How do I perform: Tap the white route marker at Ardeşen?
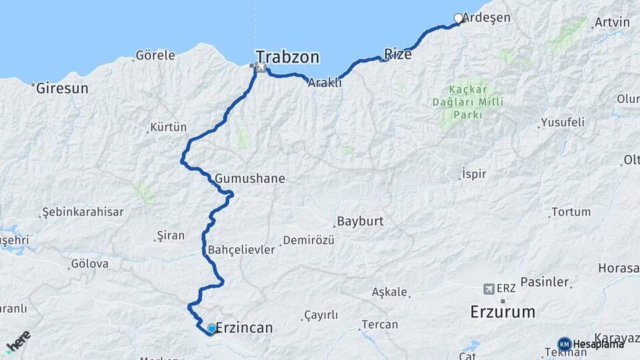coord(458,18)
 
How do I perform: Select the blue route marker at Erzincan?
coord(211,328)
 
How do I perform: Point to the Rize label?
coord(398,55)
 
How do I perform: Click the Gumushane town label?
coord(250,179)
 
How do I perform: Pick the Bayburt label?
coord(361,221)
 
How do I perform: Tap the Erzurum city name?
coord(503,311)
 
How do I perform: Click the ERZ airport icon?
coord(490,289)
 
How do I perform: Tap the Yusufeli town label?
coord(562,122)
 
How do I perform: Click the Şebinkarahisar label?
coord(83,211)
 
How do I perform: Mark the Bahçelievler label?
coord(241,250)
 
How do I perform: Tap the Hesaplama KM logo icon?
coord(564,343)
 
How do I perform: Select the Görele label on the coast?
coord(155,55)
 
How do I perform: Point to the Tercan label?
coord(379,325)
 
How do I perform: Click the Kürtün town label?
coord(169,127)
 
